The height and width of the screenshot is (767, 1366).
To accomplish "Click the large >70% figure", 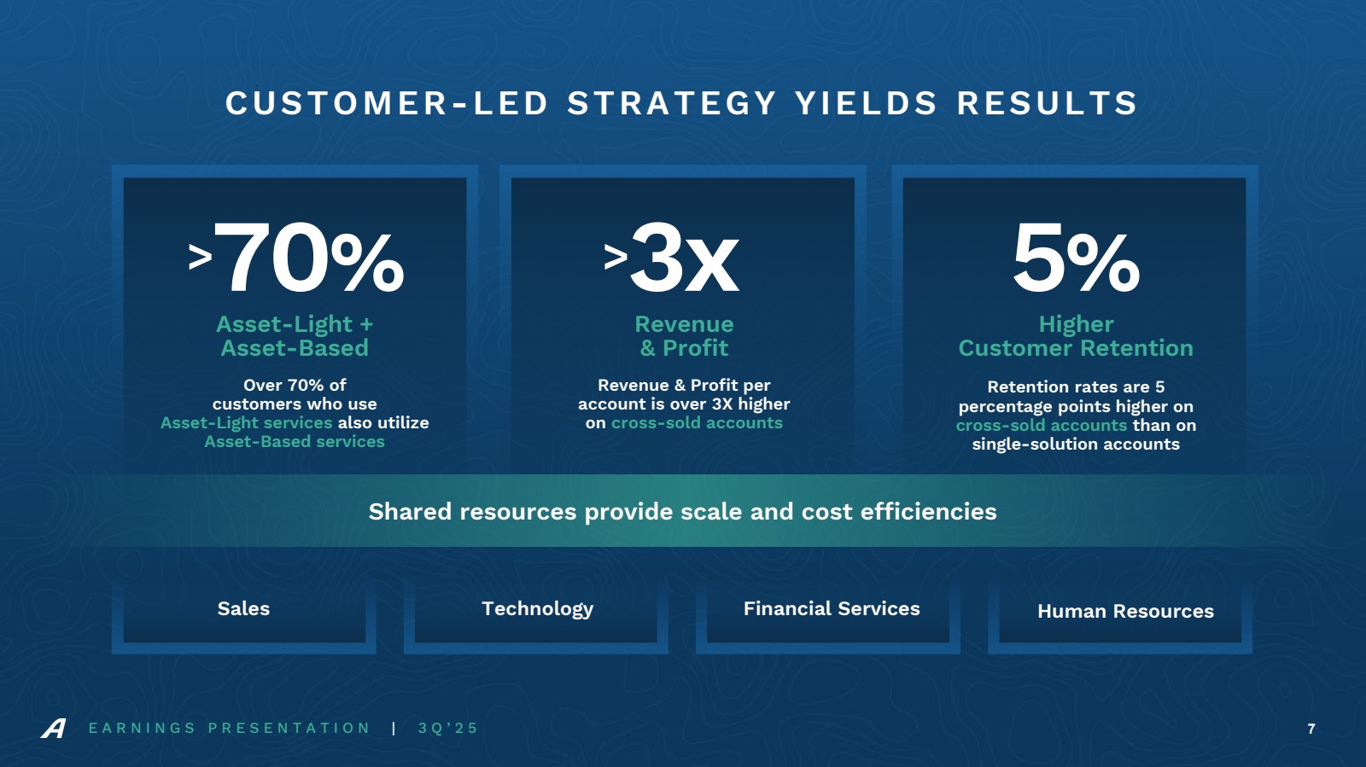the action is pyautogui.click(x=295, y=258).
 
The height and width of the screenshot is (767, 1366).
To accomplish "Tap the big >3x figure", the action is pyautogui.click(x=671, y=258).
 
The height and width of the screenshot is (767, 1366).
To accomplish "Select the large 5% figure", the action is pyautogui.click(x=1076, y=258).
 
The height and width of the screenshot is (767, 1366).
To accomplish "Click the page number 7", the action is pyautogui.click(x=1311, y=729).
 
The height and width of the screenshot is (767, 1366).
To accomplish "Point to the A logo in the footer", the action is pyautogui.click(x=54, y=728).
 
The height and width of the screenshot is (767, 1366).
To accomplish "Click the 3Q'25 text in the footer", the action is pyautogui.click(x=448, y=728).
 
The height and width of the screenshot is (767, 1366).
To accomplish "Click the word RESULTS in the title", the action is pyautogui.click(x=1047, y=103).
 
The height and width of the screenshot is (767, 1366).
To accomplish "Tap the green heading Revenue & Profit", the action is pyautogui.click(x=684, y=335).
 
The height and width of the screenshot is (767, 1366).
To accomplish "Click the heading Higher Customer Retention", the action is pyautogui.click(x=1076, y=335).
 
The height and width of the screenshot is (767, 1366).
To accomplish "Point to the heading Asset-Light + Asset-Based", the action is pyautogui.click(x=295, y=335).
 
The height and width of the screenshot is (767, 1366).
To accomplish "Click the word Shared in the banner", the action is pyautogui.click(x=409, y=511).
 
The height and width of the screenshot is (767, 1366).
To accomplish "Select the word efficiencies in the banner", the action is pyautogui.click(x=928, y=511).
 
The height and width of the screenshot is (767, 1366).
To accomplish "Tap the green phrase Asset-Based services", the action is pyautogui.click(x=295, y=441).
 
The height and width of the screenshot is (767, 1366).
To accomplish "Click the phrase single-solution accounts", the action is pyautogui.click(x=1076, y=444).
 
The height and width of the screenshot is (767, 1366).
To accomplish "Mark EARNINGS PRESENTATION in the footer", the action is pyautogui.click(x=230, y=728).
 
